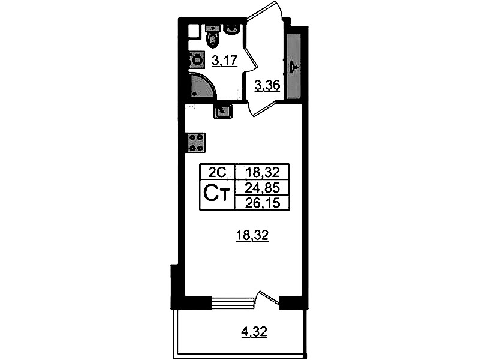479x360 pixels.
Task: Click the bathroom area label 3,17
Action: click(225, 61)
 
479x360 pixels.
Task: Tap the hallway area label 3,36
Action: click(267, 85)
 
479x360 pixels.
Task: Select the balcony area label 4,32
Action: click(254, 332)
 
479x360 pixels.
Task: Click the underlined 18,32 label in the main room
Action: click(252, 236)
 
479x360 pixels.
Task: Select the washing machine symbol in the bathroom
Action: click(197, 60)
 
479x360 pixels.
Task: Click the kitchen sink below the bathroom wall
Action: click(222, 111)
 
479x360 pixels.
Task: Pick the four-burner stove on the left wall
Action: click(197, 143)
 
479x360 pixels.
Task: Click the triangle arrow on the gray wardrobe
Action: click(294, 67)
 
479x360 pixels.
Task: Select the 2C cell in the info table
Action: click(217, 173)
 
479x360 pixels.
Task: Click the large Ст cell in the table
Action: click(217, 195)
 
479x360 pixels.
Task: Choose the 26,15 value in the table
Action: click(262, 203)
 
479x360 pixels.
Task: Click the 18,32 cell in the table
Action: click(262, 173)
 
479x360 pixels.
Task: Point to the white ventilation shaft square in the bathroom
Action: click(193, 31)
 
